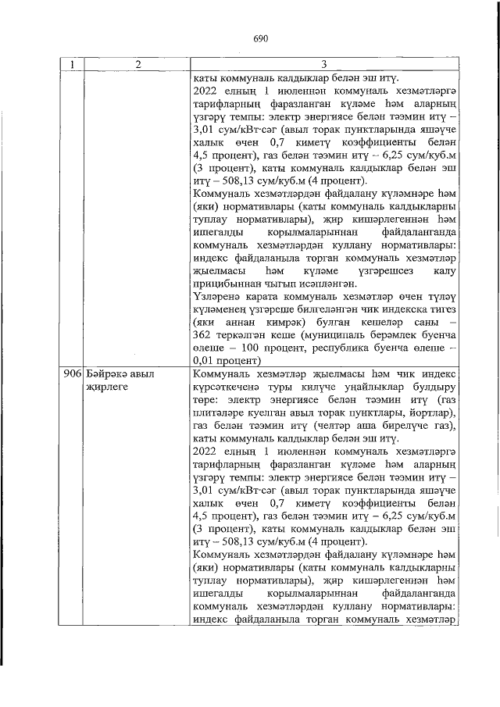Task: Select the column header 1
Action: pyautogui.click(x=72, y=65)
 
